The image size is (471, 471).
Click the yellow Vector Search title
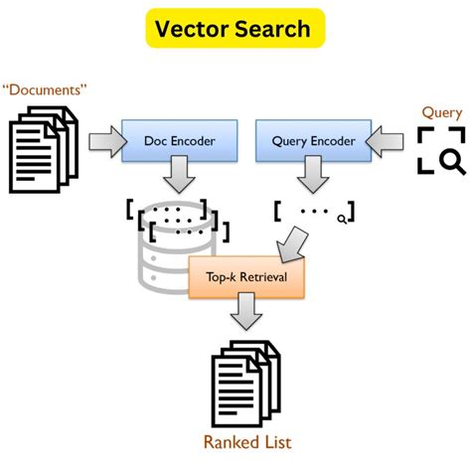(235, 30)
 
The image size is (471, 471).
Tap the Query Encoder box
(312, 141)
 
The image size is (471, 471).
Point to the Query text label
(441, 112)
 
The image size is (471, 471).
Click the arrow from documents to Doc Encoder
(100, 143)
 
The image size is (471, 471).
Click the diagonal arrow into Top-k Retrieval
(296, 241)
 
